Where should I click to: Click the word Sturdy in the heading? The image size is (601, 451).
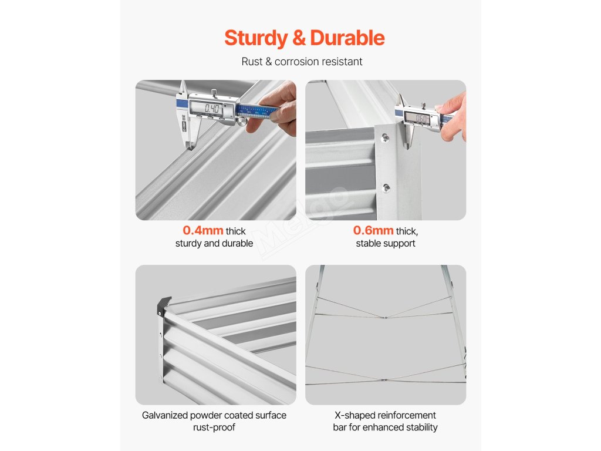tap(256, 38)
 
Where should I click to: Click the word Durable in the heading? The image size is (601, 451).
tap(347, 38)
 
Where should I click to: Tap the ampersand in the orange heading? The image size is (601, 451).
tap(299, 38)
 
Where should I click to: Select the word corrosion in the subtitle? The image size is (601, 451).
tap(298, 61)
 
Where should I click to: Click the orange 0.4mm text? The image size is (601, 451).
tap(202, 230)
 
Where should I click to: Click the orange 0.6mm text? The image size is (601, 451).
tap(373, 230)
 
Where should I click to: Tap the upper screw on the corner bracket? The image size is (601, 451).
tap(385, 137)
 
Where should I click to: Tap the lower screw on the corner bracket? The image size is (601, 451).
tap(386, 187)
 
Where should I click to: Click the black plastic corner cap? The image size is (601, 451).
tap(164, 305)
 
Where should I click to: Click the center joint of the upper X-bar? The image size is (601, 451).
tap(384, 317)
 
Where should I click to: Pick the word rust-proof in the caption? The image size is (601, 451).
tap(214, 428)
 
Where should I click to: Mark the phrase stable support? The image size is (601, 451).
tap(386, 243)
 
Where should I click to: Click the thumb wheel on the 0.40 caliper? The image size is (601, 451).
tap(241, 122)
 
